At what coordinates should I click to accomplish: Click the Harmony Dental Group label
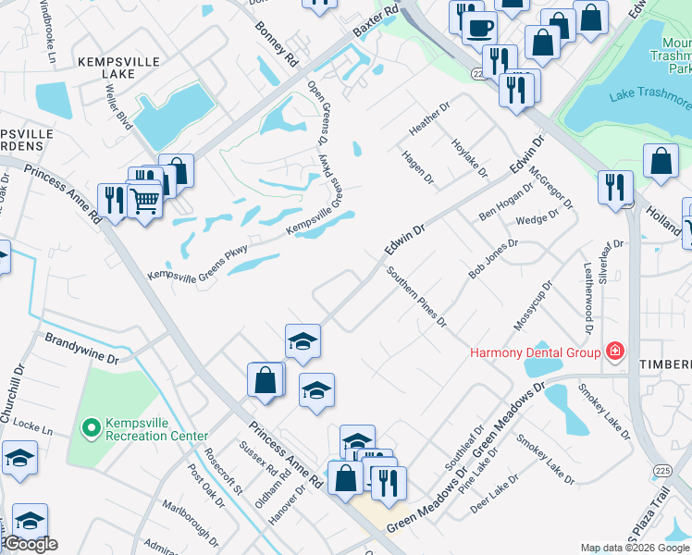[536, 351]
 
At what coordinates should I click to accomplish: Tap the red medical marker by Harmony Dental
[613, 351]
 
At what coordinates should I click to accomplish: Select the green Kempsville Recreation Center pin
[91, 427]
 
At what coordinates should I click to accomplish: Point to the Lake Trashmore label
[649, 95]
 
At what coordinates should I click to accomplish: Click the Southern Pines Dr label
[417, 297]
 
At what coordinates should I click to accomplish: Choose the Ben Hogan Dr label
[506, 201]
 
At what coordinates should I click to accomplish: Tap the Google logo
[31, 544]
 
